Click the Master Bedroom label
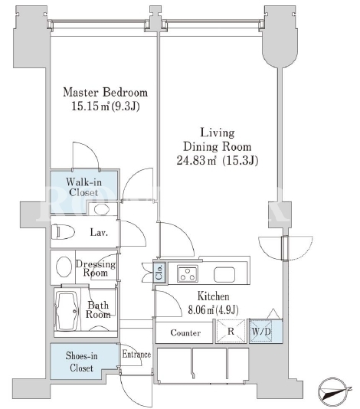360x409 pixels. point(106,93)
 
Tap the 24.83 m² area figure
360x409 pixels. point(196,160)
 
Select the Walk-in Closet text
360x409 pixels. point(83,187)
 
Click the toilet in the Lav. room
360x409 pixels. point(63,231)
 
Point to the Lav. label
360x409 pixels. point(99,232)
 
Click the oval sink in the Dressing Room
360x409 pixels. point(64,267)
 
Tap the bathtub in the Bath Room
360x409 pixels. point(67,311)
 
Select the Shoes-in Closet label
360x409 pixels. point(81,362)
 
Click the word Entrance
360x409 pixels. point(136,354)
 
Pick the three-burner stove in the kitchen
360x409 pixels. point(188,273)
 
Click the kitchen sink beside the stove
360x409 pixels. point(224,274)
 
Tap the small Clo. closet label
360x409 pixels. point(159,273)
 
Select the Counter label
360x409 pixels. point(185,333)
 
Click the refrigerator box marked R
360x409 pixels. point(231,331)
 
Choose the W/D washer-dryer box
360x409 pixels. point(261,331)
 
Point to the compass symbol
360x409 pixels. point(333,392)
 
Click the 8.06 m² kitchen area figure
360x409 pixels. point(213,309)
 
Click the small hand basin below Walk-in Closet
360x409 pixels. point(101,209)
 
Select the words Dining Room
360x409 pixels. point(218,146)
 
